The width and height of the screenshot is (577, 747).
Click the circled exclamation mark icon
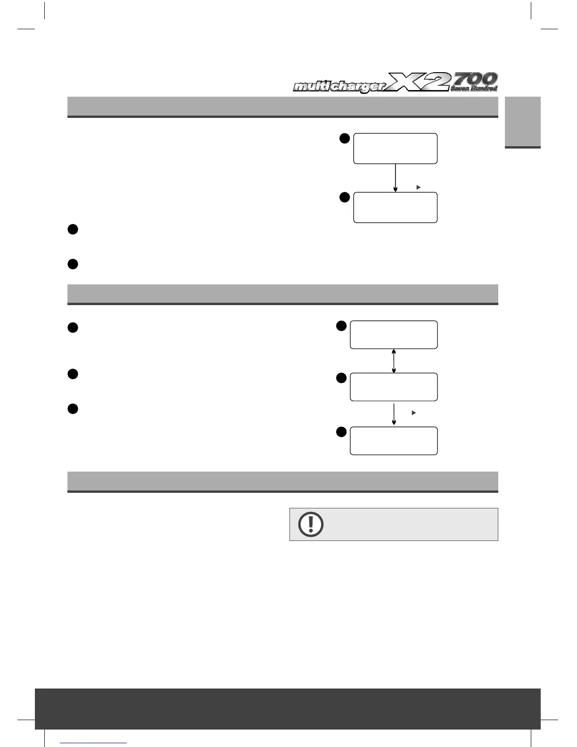[x=311, y=524]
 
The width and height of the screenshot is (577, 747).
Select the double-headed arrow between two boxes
[x=394, y=361]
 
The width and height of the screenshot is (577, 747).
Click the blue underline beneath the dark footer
[x=94, y=742]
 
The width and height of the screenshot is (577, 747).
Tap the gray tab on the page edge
[x=523, y=122]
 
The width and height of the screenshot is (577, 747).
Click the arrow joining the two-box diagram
[x=395, y=178]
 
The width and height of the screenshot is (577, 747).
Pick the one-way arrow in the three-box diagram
[x=394, y=414]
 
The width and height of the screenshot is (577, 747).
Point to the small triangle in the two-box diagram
[x=418, y=188]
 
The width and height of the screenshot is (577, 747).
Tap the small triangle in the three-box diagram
[x=413, y=413]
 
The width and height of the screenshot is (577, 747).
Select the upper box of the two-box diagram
[x=395, y=149]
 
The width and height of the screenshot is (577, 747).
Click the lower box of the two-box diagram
[x=395, y=207]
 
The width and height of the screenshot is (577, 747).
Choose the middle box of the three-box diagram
[x=394, y=387]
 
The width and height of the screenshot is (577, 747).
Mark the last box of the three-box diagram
[x=394, y=441]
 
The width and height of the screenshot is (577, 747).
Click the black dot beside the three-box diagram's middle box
[x=341, y=378]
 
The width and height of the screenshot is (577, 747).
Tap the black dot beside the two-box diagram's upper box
[x=345, y=138]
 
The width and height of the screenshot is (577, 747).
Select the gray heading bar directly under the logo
[x=283, y=107]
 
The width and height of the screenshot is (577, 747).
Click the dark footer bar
[x=288, y=708]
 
